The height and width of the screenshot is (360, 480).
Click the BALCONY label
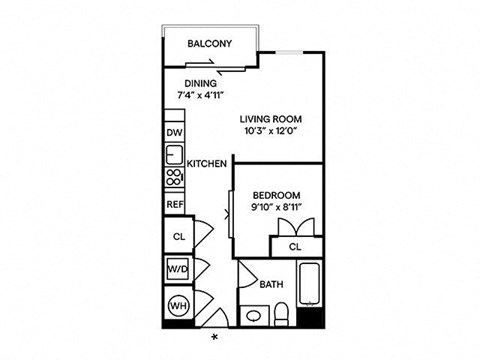(210, 44)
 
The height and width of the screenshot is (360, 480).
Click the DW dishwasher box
(175, 133)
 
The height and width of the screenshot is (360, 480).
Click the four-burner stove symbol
(174, 179)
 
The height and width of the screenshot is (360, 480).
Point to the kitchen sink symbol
(174, 155)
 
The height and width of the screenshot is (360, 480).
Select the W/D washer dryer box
(177, 270)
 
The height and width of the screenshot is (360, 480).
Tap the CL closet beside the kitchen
(177, 236)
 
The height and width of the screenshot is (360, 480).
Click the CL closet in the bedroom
(296, 246)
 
